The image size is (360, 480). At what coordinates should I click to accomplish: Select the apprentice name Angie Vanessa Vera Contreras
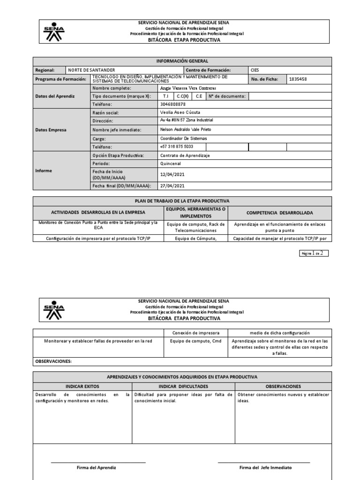click(188, 88)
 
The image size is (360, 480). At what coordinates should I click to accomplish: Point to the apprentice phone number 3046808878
click(173, 105)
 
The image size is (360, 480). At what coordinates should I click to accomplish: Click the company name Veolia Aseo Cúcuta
click(180, 113)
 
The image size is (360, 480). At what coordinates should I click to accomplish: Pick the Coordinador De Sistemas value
click(183, 138)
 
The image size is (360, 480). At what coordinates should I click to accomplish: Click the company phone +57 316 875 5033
click(177, 147)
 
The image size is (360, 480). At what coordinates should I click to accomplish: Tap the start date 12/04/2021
click(172, 174)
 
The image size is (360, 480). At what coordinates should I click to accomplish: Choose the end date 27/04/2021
click(172, 186)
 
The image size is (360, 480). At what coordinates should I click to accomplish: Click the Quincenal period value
click(171, 164)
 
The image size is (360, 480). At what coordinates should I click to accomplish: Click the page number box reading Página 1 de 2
click(314, 253)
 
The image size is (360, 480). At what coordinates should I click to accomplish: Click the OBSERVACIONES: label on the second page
click(53, 361)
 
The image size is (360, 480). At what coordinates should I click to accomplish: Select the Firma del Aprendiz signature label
click(97, 468)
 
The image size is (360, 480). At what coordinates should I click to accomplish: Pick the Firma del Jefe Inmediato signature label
click(265, 468)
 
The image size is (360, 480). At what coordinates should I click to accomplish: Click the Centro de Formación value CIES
click(255, 70)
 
